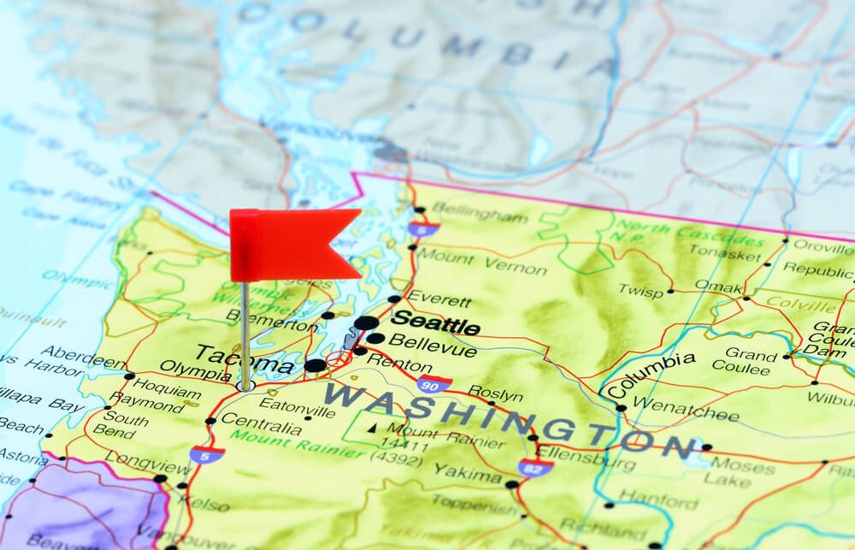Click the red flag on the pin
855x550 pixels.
291,243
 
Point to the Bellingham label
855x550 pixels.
480,212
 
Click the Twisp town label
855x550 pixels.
641,292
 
